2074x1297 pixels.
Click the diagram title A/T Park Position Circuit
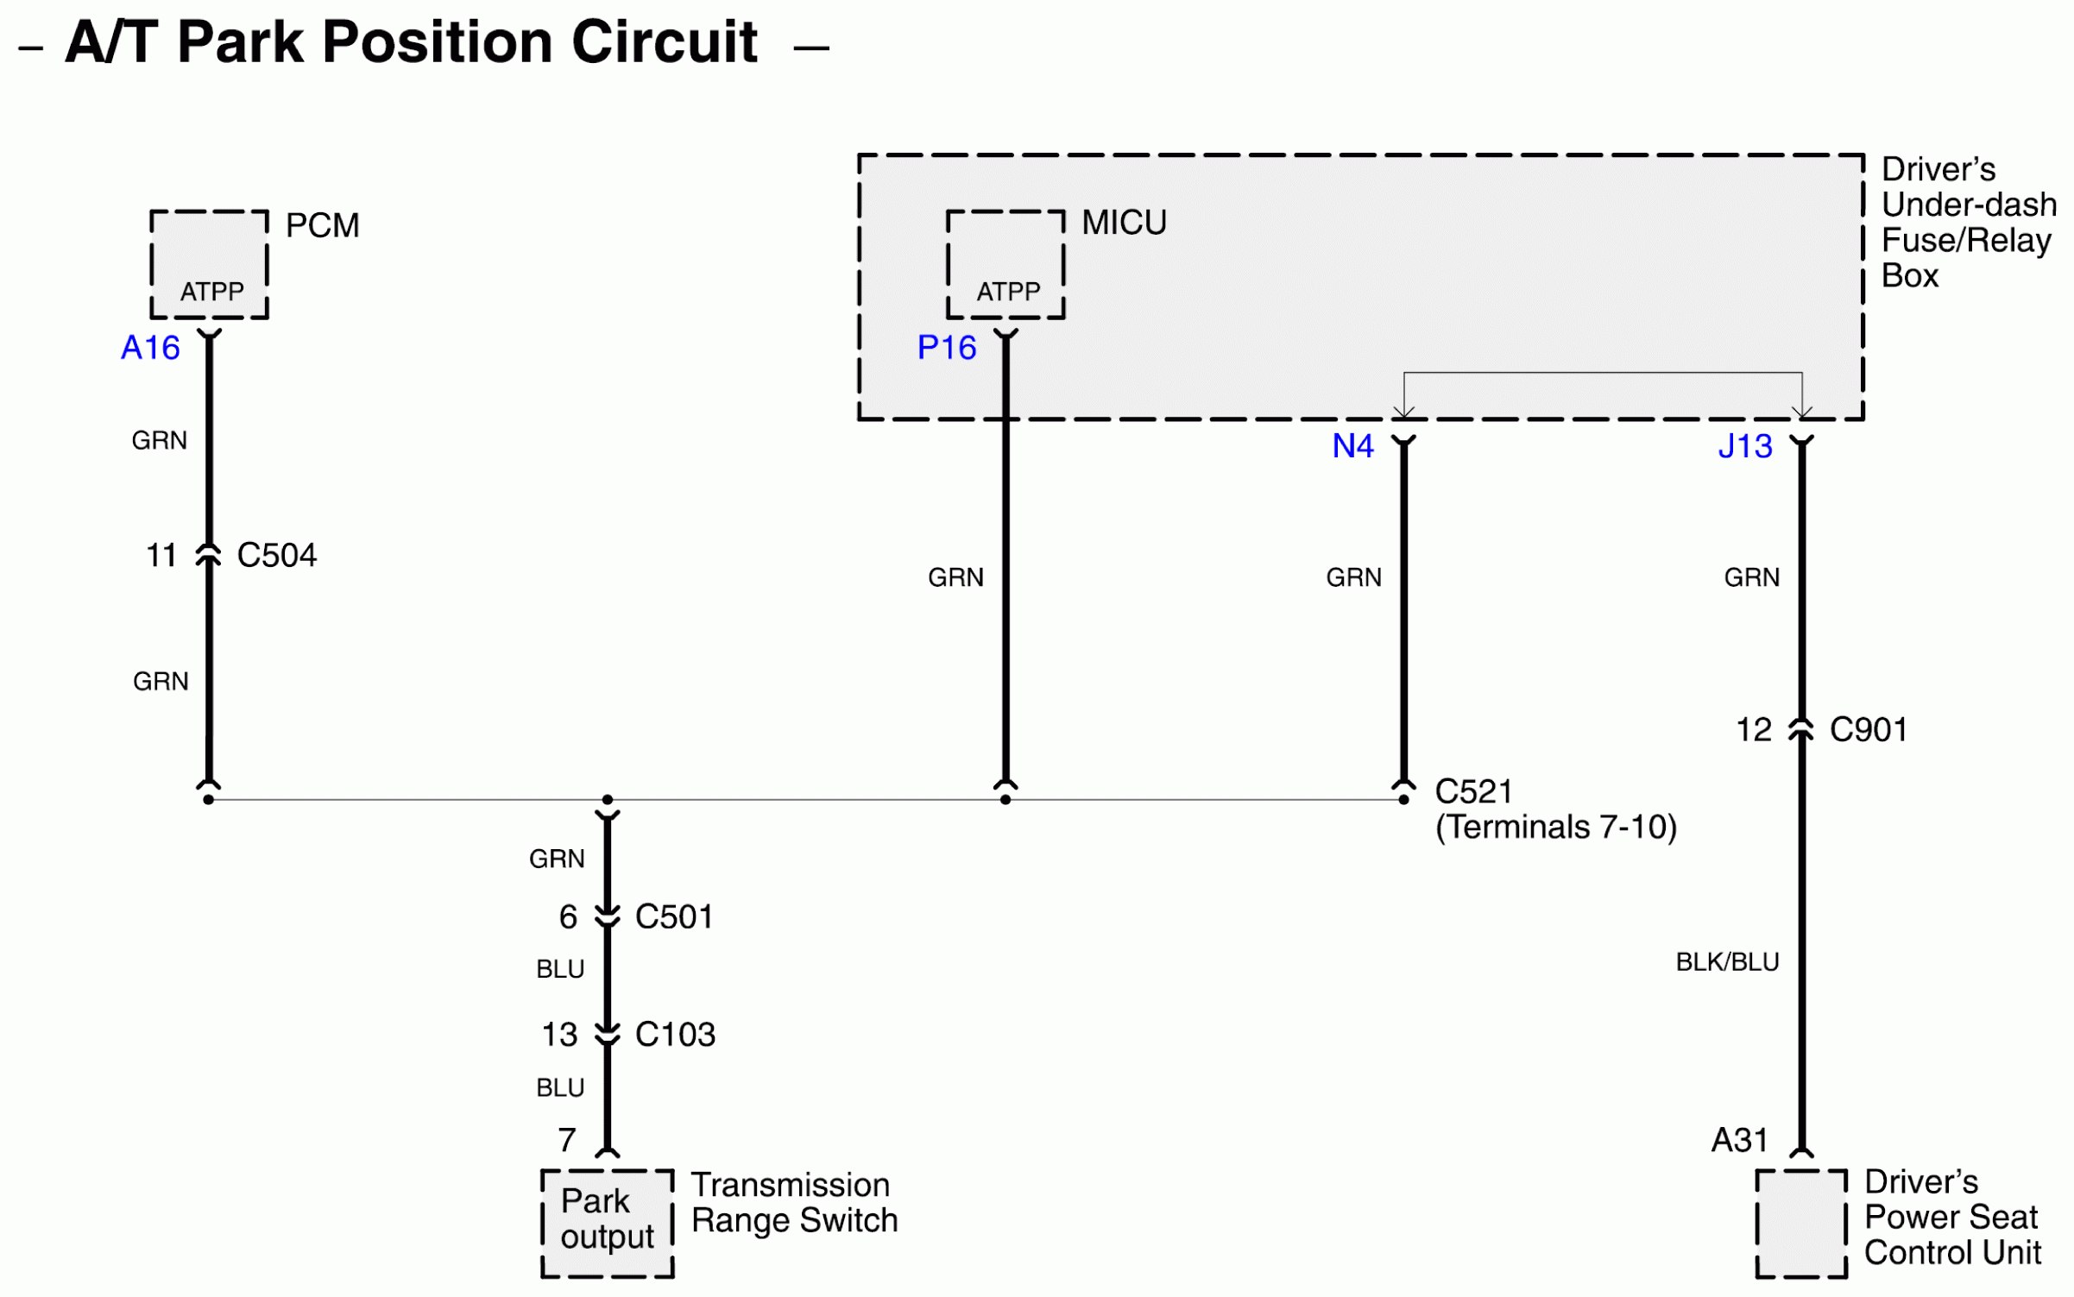click(411, 42)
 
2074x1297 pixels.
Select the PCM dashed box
click(209, 264)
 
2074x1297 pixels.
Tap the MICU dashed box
click(1005, 264)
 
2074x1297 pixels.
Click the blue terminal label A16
click(150, 348)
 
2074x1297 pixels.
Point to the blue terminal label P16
click(946, 348)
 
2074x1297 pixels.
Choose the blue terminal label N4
click(1352, 446)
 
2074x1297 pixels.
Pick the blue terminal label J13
click(1744, 446)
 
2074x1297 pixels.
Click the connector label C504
click(276, 555)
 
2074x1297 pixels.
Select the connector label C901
click(1868, 730)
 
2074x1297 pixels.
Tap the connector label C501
click(674, 916)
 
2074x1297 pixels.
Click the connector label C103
click(675, 1034)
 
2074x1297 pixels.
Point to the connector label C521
click(1473, 791)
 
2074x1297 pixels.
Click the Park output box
click(607, 1223)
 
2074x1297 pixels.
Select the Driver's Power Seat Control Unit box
click(1801, 1223)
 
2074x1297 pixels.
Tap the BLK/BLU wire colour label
click(1727, 962)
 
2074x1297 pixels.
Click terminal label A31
click(1739, 1140)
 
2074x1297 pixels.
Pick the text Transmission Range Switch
click(794, 1203)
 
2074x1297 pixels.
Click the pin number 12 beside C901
click(1753, 730)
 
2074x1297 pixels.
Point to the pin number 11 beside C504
click(161, 555)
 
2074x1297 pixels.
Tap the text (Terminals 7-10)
click(1555, 827)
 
